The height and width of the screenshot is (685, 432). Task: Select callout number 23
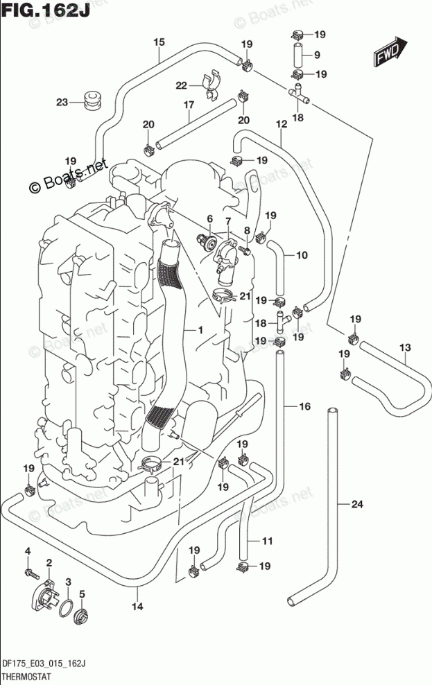62,103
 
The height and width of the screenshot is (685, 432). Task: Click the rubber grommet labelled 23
89,99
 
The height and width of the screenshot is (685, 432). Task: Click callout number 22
181,85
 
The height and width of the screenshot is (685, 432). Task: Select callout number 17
188,105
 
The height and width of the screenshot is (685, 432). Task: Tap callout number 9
316,55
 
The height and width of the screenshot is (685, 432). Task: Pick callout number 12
281,125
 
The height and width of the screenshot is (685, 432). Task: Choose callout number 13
405,347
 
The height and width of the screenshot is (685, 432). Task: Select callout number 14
137,607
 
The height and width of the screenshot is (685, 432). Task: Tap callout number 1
200,331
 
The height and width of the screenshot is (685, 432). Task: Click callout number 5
82,593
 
